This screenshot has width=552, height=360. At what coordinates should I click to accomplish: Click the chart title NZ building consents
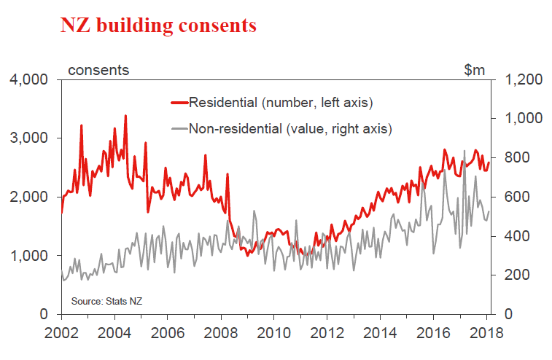[x=158, y=26]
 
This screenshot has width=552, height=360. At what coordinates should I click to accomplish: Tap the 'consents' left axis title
[x=98, y=70]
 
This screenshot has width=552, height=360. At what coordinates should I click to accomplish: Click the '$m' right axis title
[x=474, y=70]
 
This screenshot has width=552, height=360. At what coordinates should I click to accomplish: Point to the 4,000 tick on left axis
[x=29, y=79]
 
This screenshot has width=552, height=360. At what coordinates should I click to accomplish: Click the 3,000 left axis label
[x=29, y=138]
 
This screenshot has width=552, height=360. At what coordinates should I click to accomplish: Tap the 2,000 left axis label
[x=29, y=197]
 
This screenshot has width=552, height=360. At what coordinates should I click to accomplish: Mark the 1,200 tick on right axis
[x=521, y=79]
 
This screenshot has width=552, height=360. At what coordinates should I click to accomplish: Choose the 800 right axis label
[x=516, y=158]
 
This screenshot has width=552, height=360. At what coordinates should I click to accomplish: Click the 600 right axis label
[x=516, y=197]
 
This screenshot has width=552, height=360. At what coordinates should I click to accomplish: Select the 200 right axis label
[x=516, y=275]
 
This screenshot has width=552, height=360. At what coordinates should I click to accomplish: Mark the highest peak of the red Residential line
[x=125, y=115]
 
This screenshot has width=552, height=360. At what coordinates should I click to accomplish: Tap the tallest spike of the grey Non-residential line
[x=464, y=151]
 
